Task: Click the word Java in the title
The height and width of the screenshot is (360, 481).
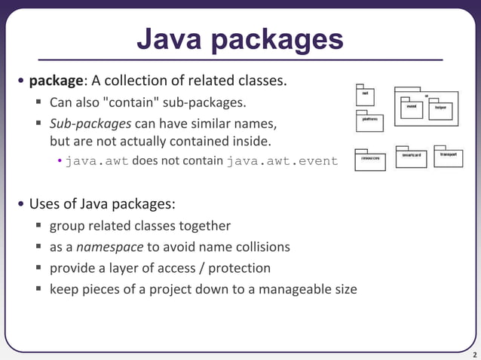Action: pos(170,39)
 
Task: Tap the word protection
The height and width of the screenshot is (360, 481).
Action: pos(239,267)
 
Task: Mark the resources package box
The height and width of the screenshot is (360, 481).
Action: pos(369,160)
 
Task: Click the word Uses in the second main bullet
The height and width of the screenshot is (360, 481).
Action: pos(44,204)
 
